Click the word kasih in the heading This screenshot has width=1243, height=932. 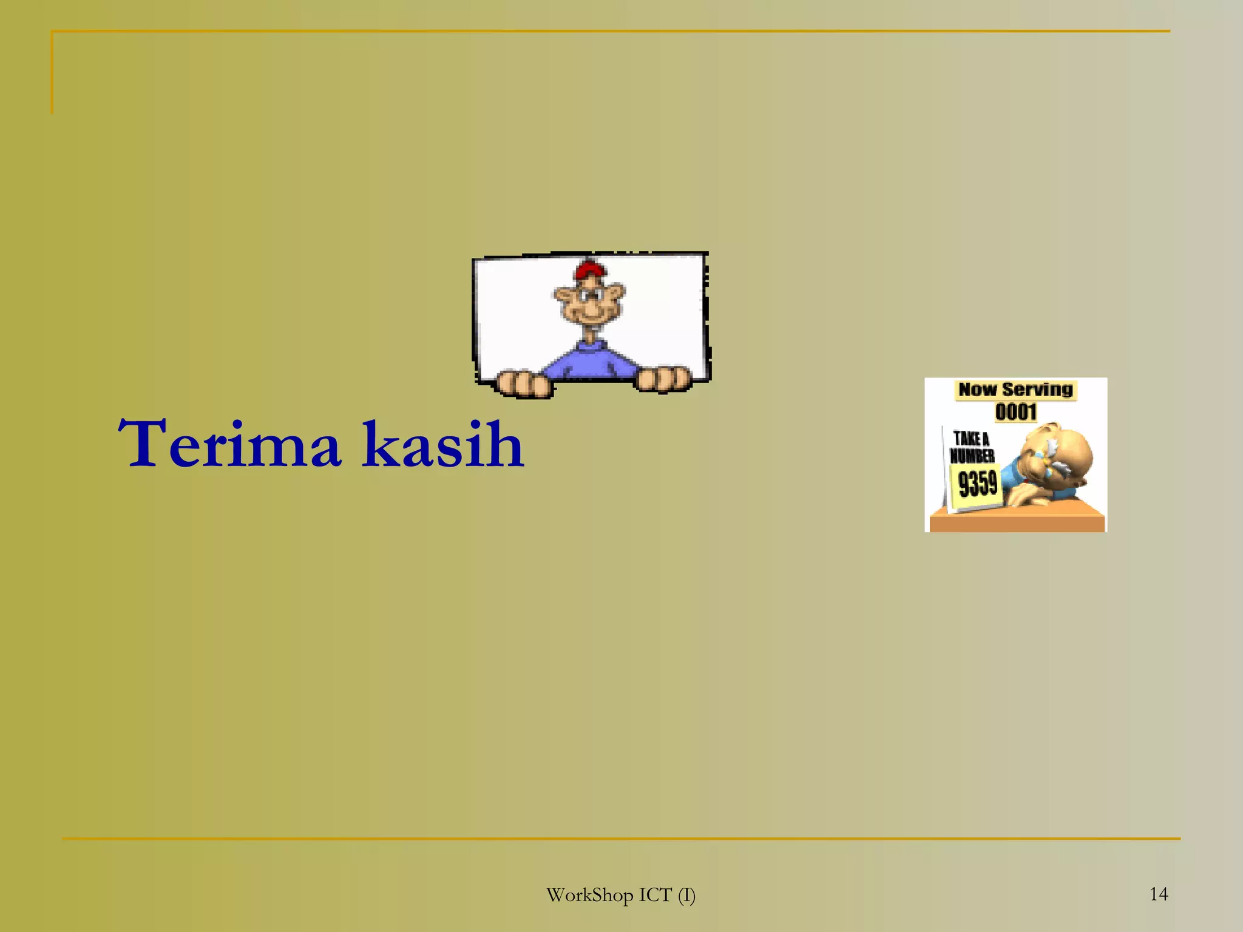[443, 444]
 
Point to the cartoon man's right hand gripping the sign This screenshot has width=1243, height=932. [663, 379]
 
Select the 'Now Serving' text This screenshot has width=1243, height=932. [1015, 390]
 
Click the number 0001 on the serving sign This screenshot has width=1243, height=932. [1015, 412]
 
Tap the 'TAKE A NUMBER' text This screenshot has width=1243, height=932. [972, 447]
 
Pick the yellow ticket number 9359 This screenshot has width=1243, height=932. [978, 484]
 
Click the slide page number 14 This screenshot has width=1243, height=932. [1159, 894]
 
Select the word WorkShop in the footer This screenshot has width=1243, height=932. [589, 895]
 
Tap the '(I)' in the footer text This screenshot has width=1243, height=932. [686, 895]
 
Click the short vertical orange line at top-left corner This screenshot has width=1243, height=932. [52, 73]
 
